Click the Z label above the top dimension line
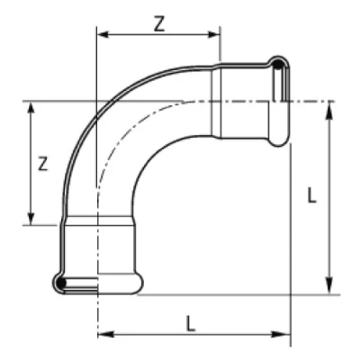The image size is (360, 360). pyautogui.click(x=159, y=25)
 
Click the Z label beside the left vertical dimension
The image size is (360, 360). pyautogui.click(x=43, y=164)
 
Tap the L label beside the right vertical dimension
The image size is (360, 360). pyautogui.click(x=312, y=196)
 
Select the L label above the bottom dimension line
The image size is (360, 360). pyautogui.click(x=191, y=323)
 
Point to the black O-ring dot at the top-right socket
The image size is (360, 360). pyautogui.click(x=278, y=64)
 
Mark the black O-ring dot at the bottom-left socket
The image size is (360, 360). pyautogui.click(x=61, y=283)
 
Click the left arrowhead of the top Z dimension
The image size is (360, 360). pyautogui.click(x=103, y=35)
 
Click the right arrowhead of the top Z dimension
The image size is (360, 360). pyautogui.click(x=213, y=35)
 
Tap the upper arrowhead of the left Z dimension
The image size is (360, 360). pyautogui.click(x=31, y=108)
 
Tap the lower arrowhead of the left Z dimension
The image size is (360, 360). pyautogui.click(x=31, y=219)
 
